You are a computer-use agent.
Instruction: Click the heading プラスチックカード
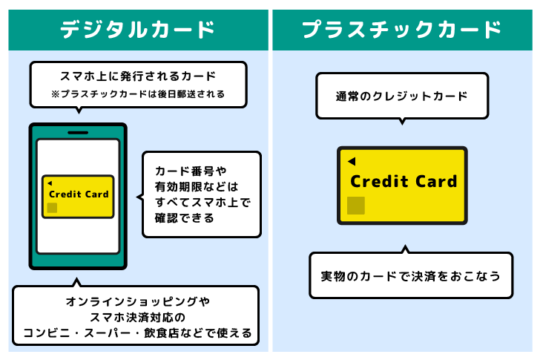coord(401,30)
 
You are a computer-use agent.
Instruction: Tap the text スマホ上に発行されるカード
coord(138,76)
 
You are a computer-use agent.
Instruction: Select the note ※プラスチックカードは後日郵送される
coord(138,94)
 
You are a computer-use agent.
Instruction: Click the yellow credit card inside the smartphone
coord(78,197)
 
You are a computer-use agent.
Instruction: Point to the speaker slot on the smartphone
coord(78,132)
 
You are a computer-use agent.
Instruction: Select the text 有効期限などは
coord(196,186)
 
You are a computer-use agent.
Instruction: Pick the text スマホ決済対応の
coord(138,317)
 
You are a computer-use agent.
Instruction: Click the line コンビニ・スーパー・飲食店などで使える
coord(138,333)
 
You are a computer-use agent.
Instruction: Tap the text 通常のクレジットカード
coord(401,96)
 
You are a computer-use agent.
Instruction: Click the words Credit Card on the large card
coord(404,181)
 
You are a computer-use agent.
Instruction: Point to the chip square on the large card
coord(356,206)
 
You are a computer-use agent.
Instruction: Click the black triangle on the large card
coord(352,161)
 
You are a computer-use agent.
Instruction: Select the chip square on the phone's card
coord(53,208)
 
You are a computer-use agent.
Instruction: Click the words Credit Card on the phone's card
coord(79,194)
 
